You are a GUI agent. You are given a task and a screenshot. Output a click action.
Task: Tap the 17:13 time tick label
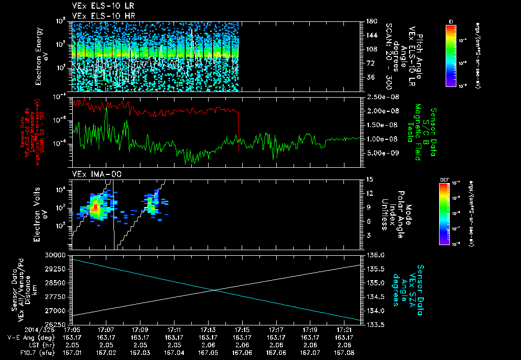(208, 330)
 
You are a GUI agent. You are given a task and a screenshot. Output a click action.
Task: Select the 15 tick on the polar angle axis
(368, 179)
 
